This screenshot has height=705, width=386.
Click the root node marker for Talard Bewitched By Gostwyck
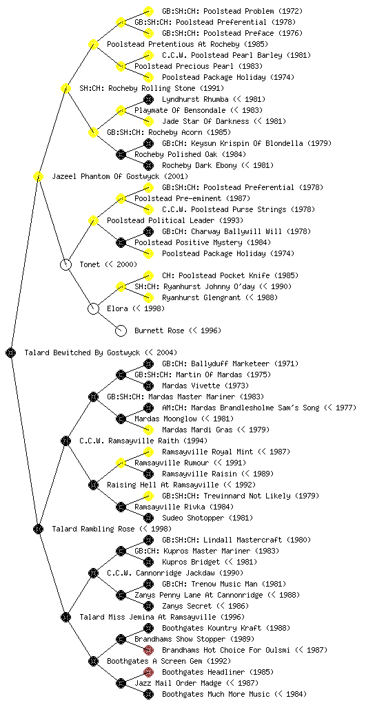point(11,352)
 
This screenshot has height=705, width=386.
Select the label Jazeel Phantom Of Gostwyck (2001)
point(120,176)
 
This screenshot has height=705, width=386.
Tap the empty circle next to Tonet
point(65,264)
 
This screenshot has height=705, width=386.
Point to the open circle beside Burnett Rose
point(121,330)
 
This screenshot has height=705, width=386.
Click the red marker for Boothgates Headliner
point(148,672)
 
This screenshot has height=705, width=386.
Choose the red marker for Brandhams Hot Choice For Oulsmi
point(148,650)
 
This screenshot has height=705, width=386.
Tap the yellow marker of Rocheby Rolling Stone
point(65,88)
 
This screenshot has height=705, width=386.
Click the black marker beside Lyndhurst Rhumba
point(148,99)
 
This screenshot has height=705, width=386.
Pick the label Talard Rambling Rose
point(93,529)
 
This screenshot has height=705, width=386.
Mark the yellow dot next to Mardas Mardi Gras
point(148,430)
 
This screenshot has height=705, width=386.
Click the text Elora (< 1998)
point(136,308)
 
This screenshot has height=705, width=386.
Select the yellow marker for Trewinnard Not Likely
point(148,496)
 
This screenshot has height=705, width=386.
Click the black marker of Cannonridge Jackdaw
point(93,573)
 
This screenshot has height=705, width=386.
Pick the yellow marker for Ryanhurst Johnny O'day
point(121,286)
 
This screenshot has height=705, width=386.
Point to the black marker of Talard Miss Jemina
point(65,617)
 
